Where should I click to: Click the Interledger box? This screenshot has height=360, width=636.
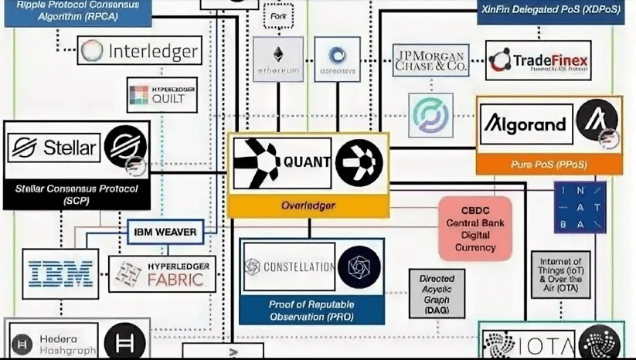tap(140, 52)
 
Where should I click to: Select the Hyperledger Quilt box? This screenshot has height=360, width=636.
tap(162, 94)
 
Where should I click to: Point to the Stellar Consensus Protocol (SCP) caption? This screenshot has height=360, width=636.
tap(77, 194)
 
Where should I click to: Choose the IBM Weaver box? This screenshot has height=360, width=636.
tap(165, 232)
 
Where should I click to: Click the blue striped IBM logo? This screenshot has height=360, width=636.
tap(60, 273)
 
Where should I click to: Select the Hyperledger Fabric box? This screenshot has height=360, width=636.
tap(162, 274)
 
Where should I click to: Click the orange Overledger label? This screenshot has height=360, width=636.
tap(308, 205)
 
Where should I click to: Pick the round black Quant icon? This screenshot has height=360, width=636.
tap(359, 162)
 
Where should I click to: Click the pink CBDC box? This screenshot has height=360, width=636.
tap(475, 229)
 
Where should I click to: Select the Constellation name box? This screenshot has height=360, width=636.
tap(289, 267)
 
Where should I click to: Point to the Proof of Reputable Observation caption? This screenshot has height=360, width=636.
tap(311, 311)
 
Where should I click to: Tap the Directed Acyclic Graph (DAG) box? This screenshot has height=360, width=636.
tap(437, 293)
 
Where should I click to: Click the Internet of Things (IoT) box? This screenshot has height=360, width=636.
tap(560, 274)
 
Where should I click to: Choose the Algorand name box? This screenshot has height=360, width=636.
tap(526, 124)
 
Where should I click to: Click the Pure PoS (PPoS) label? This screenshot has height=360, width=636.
tap(549, 164)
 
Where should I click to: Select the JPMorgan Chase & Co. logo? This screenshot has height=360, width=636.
tap(430, 59)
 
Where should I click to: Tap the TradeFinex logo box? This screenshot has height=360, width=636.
tap(539, 60)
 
